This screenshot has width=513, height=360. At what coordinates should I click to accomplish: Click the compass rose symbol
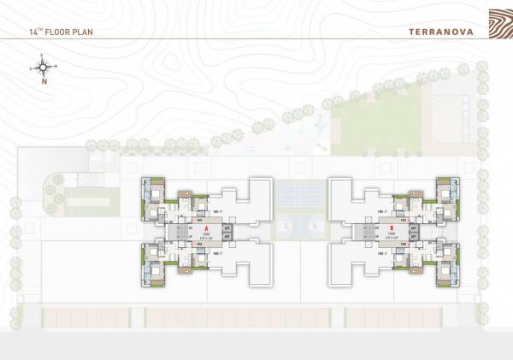(x=43, y=66)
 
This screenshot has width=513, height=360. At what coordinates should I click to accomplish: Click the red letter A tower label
(x=206, y=229)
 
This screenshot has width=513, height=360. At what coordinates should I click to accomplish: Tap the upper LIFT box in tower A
(x=227, y=229)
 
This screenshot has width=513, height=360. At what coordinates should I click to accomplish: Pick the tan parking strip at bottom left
(x=85, y=317)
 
